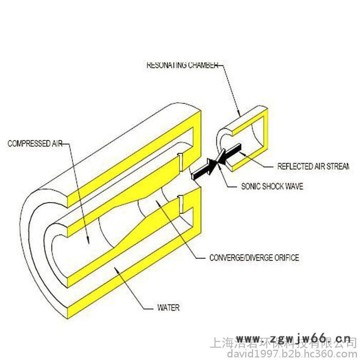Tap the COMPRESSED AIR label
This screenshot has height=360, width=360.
[34, 143]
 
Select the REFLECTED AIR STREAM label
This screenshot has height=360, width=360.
[313, 166]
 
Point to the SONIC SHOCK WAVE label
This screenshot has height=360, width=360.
[272, 187]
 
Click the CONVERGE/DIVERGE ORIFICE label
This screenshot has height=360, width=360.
[254, 257]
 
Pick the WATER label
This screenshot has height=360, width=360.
[168, 309]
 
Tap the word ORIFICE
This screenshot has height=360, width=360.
[286, 257]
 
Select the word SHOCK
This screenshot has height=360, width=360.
[271, 187]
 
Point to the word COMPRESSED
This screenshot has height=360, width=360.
[27, 143]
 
